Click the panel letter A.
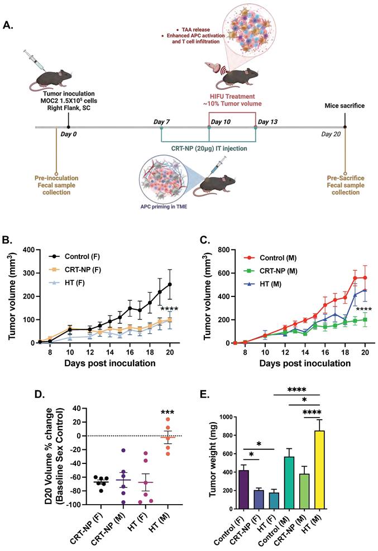click(9, 25)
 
